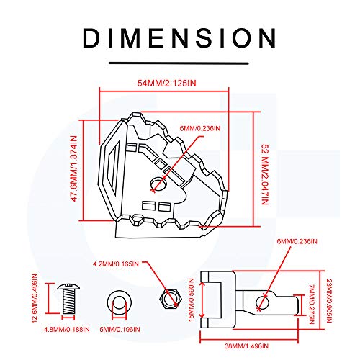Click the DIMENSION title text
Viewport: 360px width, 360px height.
[179, 38]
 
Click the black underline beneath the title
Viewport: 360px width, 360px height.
[179, 63]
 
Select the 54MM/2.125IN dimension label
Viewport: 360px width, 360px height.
[166, 83]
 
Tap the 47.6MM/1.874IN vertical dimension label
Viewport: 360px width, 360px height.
[74, 168]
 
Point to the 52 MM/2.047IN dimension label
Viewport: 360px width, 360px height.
[265, 174]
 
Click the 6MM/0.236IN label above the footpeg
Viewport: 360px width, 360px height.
[200, 128]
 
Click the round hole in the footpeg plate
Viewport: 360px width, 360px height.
[158, 184]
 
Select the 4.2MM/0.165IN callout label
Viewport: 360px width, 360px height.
[116, 264]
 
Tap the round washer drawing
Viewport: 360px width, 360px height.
[119, 302]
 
